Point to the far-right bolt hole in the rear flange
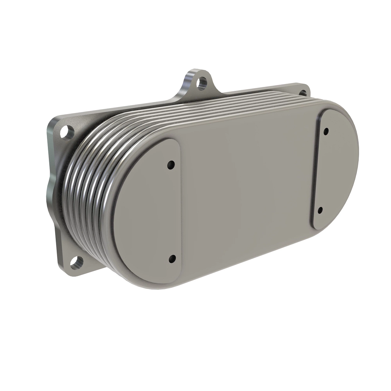click(303, 92)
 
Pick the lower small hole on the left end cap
click(171, 259)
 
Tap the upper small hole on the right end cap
click(326, 131)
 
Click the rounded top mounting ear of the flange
click(195, 80)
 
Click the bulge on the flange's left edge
click(51, 189)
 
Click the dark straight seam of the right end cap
click(315, 169)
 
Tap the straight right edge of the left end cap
click(179, 212)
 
